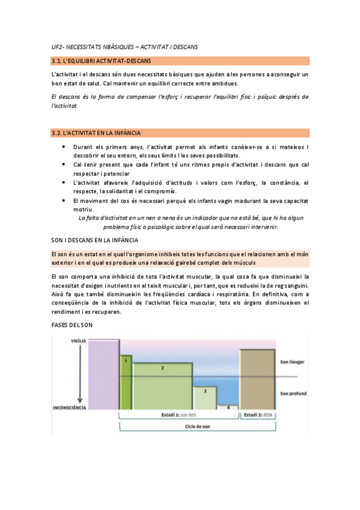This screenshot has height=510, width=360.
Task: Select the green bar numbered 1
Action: [x=126, y=381]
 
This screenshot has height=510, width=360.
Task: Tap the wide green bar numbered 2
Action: [x=162, y=385]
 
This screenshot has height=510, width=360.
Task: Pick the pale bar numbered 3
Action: [x=205, y=398]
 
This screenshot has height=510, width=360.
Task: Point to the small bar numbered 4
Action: [x=228, y=407]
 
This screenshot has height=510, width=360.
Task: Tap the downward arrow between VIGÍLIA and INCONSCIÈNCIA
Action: [x=79, y=373]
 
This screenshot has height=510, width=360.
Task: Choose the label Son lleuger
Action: [x=292, y=362]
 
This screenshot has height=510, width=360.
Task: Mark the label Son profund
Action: [x=293, y=394]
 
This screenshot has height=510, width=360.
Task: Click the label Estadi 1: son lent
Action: [x=179, y=415]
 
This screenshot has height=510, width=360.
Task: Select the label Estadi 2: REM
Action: [x=258, y=415]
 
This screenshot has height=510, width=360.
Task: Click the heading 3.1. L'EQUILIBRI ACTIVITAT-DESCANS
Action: [x=102, y=61]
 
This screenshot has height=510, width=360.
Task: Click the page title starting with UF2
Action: [x=124, y=46]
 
